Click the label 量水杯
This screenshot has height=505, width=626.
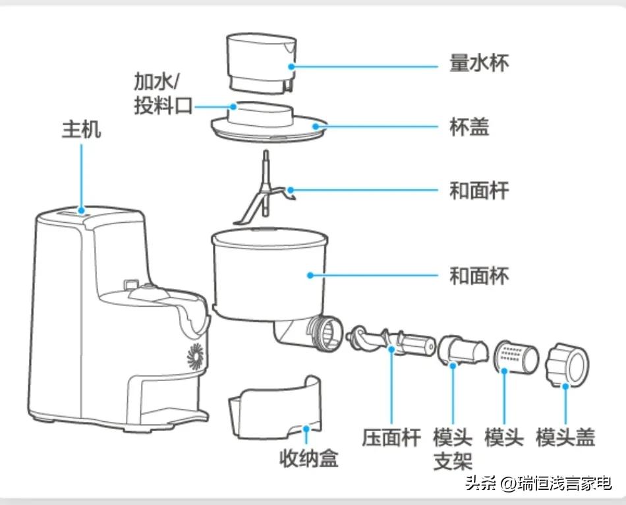click(x=479, y=64)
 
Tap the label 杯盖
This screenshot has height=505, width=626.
click(x=470, y=127)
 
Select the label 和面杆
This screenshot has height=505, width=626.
click(x=479, y=191)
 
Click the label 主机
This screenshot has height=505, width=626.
click(x=82, y=129)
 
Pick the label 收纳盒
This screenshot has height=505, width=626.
click(x=308, y=458)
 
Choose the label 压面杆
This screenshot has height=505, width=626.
click(x=391, y=438)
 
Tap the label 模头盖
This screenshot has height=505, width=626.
click(x=566, y=438)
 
